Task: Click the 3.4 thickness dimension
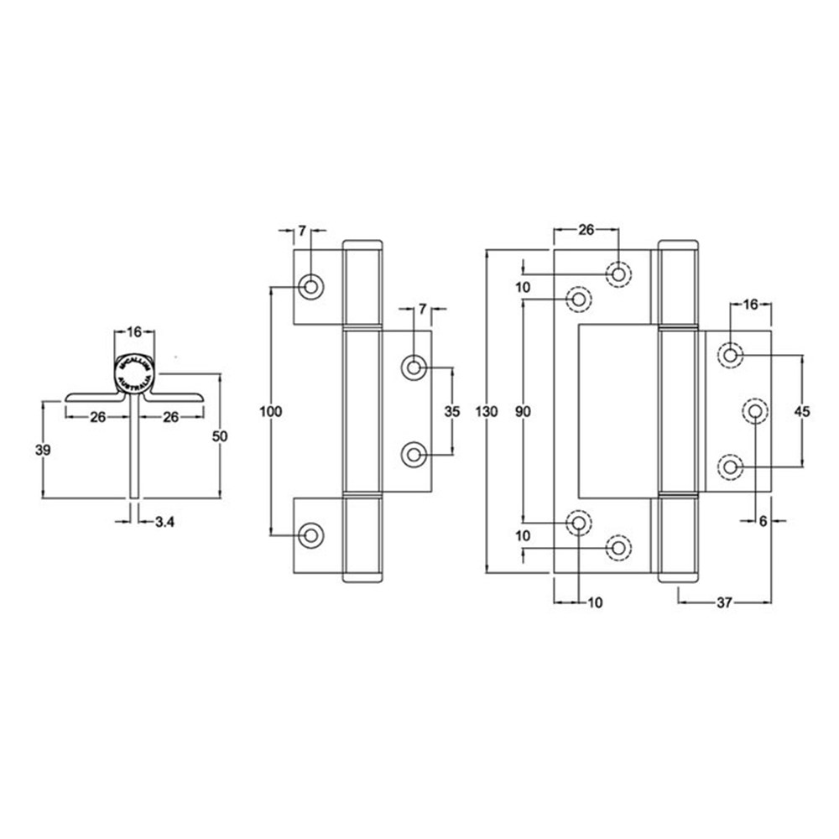pos(164,523)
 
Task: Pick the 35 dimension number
pos(452,411)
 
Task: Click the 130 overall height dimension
pos(486,411)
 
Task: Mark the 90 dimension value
pos(523,411)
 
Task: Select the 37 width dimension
pos(726,602)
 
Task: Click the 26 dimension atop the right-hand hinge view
pos(586,230)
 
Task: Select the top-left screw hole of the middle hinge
pos(311,287)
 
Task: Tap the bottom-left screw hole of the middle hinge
pos(311,534)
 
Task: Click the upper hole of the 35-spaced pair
pos(414,367)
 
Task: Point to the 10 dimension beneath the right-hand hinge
pos(595,602)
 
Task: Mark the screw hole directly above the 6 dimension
pos(755,411)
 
